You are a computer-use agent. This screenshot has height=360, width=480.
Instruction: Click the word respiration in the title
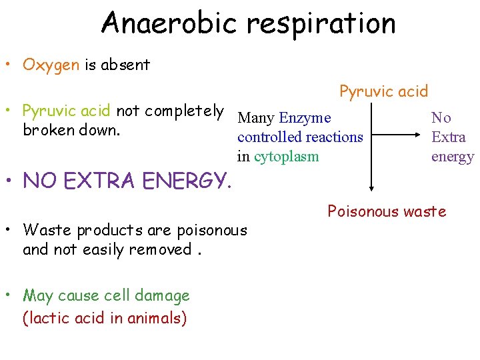point(321,24)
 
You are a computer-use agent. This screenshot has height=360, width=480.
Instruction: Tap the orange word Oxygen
point(51,65)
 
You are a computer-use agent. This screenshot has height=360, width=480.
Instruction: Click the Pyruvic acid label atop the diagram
point(384,91)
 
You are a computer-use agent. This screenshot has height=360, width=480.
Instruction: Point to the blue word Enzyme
point(305,119)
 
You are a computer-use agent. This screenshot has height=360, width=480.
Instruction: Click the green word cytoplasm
point(287,157)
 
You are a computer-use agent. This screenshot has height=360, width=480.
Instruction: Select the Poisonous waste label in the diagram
point(387,212)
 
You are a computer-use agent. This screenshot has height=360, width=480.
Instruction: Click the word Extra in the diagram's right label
point(449,137)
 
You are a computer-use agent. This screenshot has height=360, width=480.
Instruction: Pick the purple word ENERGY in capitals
point(180,180)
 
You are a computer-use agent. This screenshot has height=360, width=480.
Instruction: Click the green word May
point(38,295)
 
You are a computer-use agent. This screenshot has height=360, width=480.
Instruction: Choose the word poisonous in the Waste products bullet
point(211,230)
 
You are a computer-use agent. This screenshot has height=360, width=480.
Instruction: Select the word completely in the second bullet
point(184,111)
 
